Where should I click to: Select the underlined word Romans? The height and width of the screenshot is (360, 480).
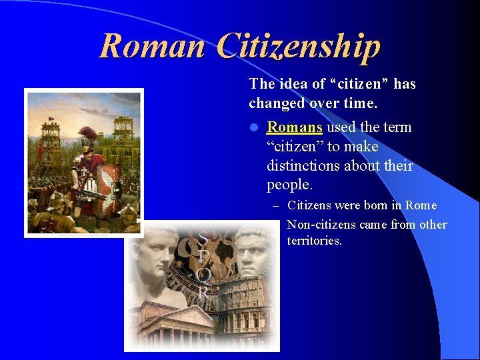(295, 127)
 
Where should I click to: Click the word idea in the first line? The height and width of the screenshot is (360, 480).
(289, 84)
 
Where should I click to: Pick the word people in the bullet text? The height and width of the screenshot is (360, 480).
(288, 185)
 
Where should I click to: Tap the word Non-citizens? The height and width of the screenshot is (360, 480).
(321, 225)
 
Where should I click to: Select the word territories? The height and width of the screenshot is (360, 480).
(314, 241)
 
